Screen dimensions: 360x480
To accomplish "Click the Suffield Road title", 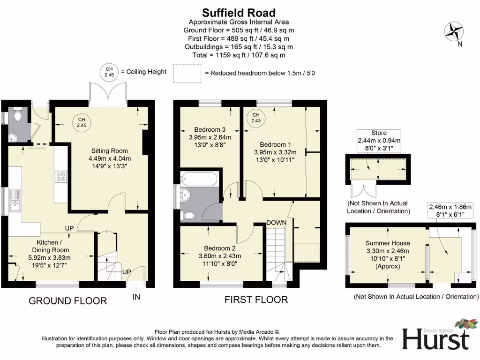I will pyautogui.click(x=239, y=13).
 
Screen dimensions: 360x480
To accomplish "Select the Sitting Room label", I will pyautogui.click(x=110, y=151).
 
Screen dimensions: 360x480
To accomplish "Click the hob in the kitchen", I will pyautogui.click(x=61, y=177).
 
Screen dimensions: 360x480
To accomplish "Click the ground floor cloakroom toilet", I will pyautogui.click(x=18, y=115).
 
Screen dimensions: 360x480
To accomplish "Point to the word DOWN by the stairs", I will pyautogui.click(x=277, y=222).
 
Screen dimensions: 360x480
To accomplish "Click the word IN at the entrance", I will pyautogui.click(x=136, y=297).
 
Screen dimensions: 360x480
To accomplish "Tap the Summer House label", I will pyautogui.click(x=387, y=243).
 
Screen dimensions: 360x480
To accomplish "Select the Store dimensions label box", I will pyautogui.click(x=379, y=141).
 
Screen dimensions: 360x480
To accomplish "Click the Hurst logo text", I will pyautogui.click(x=435, y=338).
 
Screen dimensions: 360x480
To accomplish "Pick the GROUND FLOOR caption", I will pyautogui.click(x=68, y=300).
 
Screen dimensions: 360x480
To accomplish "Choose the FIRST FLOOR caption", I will pyautogui.click(x=256, y=300).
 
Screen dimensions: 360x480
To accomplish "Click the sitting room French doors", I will pyautogui.click(x=108, y=91).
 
